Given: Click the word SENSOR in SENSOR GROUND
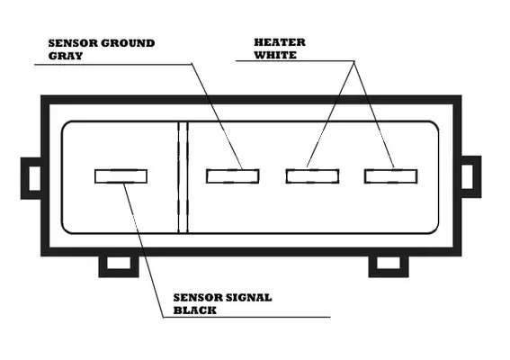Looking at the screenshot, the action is (73, 43).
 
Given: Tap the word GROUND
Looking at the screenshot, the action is (128, 43).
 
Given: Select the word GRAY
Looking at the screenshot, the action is (66, 56).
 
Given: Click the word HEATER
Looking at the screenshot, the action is (280, 42).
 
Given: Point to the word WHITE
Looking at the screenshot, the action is (275, 55).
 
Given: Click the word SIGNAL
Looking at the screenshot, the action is (249, 298).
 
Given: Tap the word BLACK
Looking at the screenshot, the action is (195, 310).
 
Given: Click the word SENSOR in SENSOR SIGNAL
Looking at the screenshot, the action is (198, 298).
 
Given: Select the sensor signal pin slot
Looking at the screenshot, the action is (121, 176).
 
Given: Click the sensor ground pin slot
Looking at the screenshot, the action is (233, 176).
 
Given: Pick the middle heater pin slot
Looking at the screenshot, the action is (313, 176).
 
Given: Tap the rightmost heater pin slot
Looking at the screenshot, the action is (391, 176).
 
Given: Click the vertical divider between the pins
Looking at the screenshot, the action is (183, 177).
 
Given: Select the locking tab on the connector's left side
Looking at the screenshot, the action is (31, 178).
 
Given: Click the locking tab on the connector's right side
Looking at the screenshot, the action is (471, 176).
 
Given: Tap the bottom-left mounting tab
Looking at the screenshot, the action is (119, 266).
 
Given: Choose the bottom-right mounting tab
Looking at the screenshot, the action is (389, 266).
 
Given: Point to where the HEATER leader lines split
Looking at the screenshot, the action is (354, 61).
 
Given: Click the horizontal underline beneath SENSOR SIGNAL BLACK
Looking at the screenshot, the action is (246, 317).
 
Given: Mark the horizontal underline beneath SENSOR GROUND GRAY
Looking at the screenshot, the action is (113, 64).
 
